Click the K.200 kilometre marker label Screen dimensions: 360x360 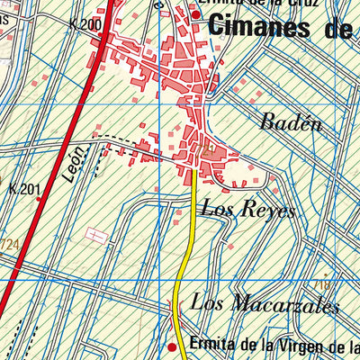[85, 24]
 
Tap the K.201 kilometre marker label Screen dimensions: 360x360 [24, 189]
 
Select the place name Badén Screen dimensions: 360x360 [291, 124]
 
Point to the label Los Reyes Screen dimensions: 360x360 [247, 211]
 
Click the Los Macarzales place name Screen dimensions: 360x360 [265, 304]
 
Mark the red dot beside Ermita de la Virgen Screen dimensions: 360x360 [173, 346]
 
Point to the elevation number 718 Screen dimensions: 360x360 [324, 284]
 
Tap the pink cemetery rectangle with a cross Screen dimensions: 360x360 [95, 234]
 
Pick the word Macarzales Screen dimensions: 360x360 [283, 304]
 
